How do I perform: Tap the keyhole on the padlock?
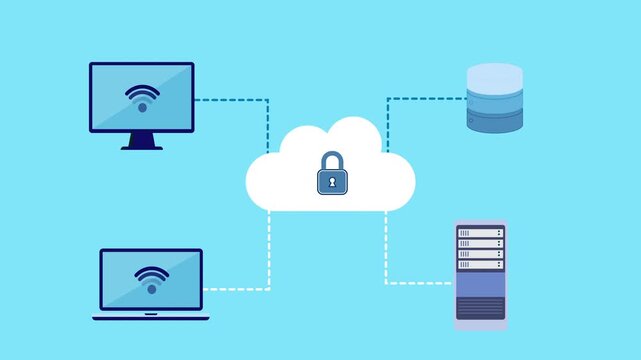click(x=332, y=182)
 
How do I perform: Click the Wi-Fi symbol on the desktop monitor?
click(x=142, y=97)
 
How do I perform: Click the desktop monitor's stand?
click(x=142, y=141)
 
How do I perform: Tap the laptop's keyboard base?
click(x=151, y=317)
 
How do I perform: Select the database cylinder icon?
click(x=494, y=99)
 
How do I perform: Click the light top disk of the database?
click(x=494, y=75)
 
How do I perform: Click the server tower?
click(x=480, y=275)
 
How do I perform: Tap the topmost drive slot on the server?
click(x=480, y=233)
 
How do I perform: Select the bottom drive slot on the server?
click(x=480, y=265)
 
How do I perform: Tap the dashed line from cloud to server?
click(x=386, y=250)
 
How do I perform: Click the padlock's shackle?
click(x=332, y=160)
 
